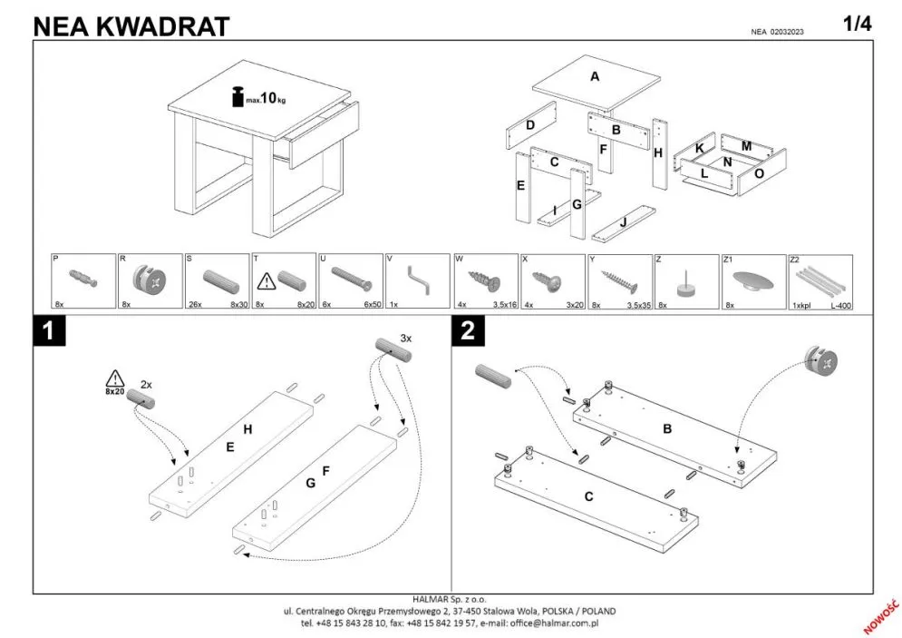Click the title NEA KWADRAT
coord(131,26)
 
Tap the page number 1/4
coord(858,24)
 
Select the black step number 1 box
coord(50,330)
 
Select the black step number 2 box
coord(468,330)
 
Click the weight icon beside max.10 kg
coord(238,97)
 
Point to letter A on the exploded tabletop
coord(595,76)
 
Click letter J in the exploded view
coord(624,222)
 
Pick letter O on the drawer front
coord(760,173)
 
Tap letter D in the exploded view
coord(530,125)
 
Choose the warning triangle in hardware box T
coord(267,281)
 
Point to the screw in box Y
coord(618,280)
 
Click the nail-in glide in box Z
coord(685,283)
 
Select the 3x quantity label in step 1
coord(406,339)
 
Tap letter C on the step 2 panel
coord(588,496)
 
